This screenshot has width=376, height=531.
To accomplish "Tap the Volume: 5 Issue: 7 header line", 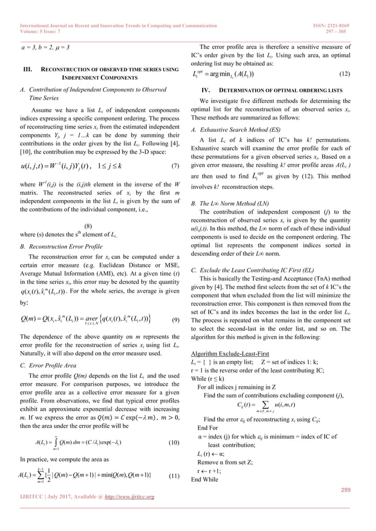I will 42,16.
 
